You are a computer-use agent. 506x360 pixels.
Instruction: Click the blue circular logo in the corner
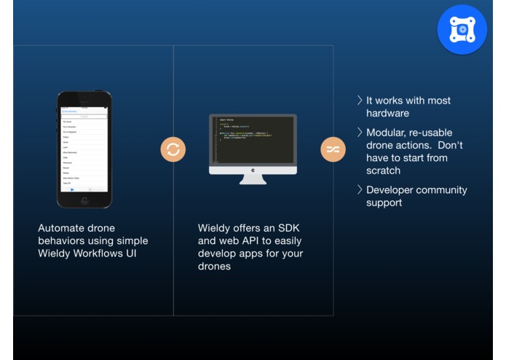point(462,29)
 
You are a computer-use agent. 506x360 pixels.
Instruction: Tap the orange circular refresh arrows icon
point(173,149)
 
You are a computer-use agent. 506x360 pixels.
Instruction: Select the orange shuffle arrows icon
point(333,149)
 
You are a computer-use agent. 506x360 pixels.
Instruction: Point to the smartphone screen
point(84,149)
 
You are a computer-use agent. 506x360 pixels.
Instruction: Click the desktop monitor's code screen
point(253,138)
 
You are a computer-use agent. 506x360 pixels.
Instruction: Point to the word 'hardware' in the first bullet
point(389,114)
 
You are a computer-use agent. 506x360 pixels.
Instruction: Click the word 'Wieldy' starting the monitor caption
point(215,228)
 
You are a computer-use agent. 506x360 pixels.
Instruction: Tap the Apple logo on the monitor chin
point(253,170)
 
